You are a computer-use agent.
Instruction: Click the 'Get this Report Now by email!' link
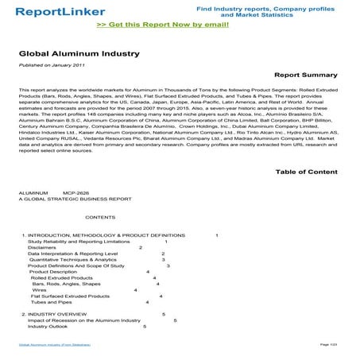coord(180,25)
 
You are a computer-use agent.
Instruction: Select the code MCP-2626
coord(76,193)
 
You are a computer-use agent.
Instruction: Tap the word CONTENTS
coord(100,216)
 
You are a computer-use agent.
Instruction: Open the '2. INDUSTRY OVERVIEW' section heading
coord(54,315)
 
